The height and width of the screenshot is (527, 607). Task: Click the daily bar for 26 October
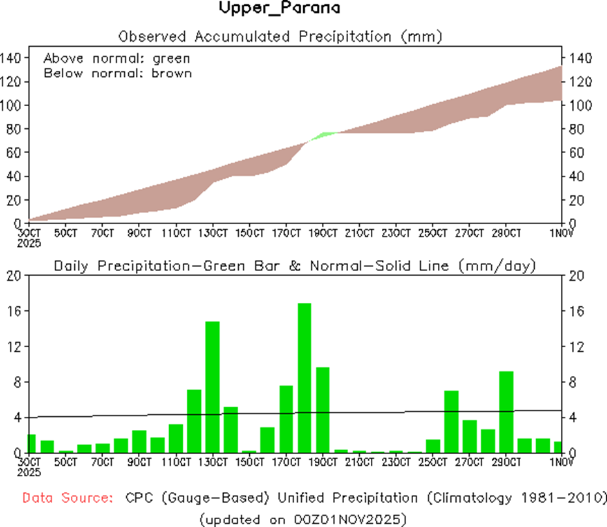(452, 421)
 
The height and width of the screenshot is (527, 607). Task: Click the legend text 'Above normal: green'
(116, 59)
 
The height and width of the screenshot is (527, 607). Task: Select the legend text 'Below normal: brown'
(118, 73)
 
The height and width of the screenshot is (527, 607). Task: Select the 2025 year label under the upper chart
(29, 243)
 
